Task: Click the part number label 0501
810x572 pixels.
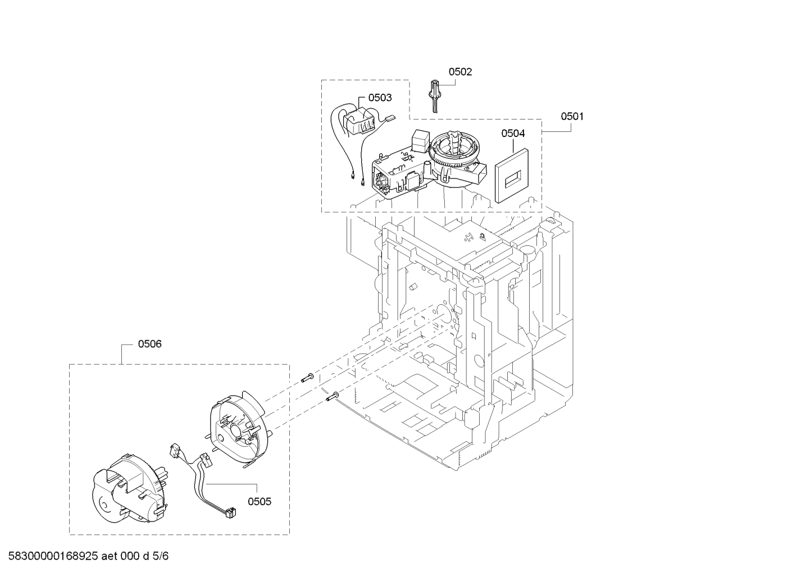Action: (572, 116)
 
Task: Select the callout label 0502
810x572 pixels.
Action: (460, 72)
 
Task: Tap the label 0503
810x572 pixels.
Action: (380, 98)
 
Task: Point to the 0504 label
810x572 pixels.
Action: (513, 134)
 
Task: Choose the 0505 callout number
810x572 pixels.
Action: (260, 501)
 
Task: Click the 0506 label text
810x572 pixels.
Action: (150, 344)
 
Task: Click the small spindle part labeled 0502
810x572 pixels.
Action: (434, 96)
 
